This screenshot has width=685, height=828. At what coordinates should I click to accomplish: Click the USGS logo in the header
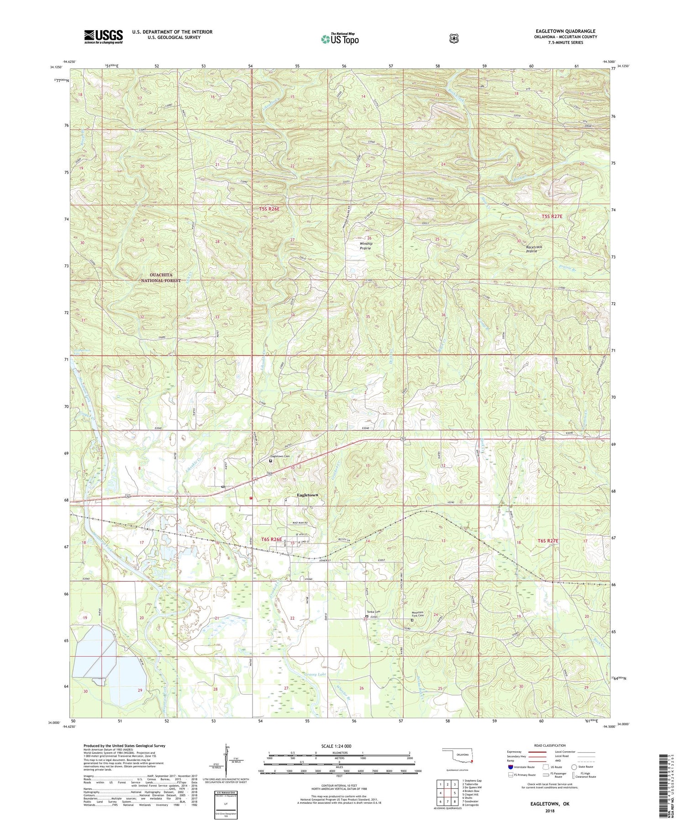[x=103, y=36]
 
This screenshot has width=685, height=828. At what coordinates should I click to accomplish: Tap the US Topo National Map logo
[x=340, y=38]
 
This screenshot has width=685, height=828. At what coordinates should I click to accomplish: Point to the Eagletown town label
[x=307, y=495]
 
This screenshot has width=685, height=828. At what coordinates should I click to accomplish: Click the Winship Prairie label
[x=366, y=246]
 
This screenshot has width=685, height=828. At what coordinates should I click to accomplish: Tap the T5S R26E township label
[x=269, y=209]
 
